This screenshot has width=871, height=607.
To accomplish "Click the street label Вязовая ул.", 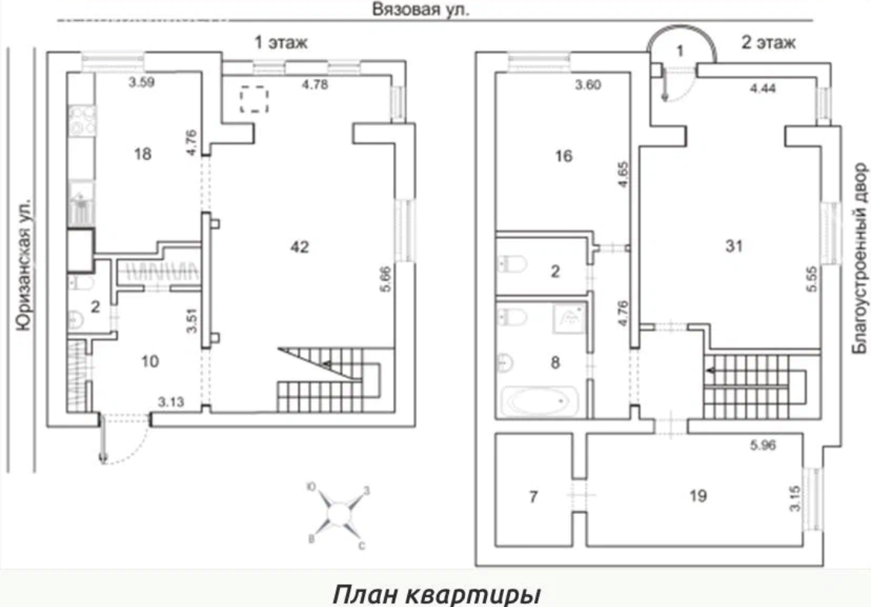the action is coord(421,10).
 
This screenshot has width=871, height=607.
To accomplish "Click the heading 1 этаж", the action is coord(282,43).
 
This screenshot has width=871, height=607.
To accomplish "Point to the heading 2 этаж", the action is coord(768,43).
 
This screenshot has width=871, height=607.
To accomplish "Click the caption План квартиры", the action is coord(436,593).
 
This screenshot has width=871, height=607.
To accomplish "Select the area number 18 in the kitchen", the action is coord(141,153).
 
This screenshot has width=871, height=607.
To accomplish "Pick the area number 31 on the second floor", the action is coord(734,247).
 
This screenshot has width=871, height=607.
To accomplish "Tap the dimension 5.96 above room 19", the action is coord(763,445).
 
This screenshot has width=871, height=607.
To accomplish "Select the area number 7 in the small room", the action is coord(532,495).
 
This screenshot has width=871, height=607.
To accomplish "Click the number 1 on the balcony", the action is coord(680,52).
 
